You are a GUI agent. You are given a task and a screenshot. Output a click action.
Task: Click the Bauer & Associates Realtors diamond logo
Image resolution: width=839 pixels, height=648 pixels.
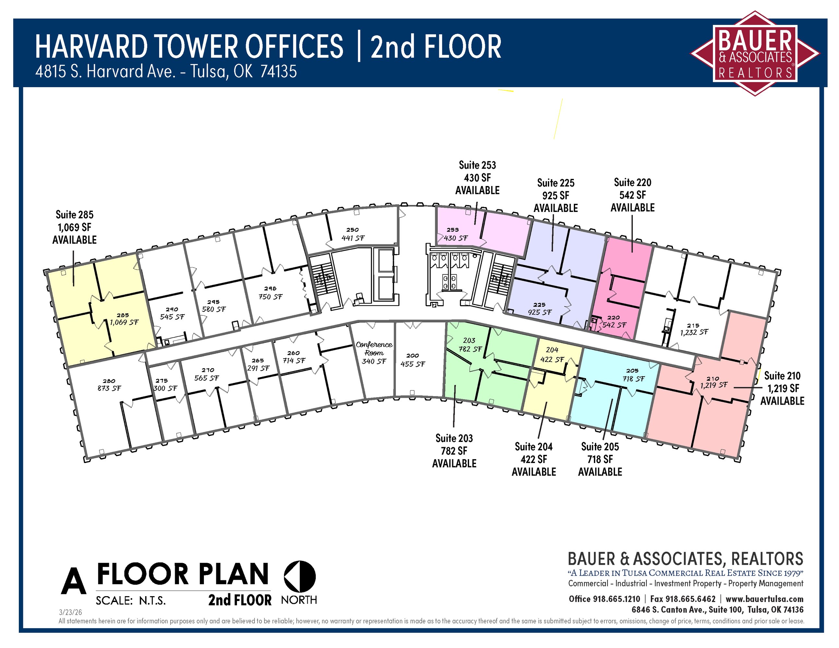[755, 53]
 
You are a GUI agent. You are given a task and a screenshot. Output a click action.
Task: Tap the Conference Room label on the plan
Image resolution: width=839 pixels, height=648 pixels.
[374, 349]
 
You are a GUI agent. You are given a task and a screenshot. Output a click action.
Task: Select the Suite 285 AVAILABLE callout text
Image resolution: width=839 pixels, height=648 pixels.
[75, 227]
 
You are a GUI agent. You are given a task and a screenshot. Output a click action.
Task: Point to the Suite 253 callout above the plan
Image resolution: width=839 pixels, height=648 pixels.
[477, 178]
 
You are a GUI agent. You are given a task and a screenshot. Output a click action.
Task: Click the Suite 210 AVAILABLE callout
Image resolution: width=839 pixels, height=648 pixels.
[782, 388]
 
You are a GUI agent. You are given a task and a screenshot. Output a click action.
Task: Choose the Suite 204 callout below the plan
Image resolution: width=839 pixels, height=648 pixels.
[534, 459]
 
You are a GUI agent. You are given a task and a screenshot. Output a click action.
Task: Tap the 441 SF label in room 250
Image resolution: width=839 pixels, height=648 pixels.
[353, 238]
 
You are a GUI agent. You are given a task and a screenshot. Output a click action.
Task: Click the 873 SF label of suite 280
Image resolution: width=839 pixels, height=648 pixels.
[109, 388]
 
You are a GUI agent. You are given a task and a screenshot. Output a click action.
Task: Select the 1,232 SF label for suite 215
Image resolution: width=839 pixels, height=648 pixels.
[694, 332]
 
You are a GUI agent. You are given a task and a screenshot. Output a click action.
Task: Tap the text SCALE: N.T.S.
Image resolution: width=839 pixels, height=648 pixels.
[131, 600]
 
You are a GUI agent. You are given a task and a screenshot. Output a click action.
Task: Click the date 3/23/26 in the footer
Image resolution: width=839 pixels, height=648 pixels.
[70, 612]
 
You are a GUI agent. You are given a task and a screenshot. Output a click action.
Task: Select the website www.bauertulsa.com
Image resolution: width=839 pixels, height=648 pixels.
[764, 599]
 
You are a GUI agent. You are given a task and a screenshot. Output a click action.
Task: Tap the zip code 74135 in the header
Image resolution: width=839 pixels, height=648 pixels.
[278, 71]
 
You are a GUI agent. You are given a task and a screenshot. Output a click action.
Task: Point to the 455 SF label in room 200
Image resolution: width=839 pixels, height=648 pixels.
[413, 364]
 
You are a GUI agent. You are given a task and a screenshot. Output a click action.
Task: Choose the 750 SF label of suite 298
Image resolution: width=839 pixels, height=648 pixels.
[270, 297]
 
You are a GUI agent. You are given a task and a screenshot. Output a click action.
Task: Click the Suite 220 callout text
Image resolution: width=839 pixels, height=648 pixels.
[632, 195]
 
